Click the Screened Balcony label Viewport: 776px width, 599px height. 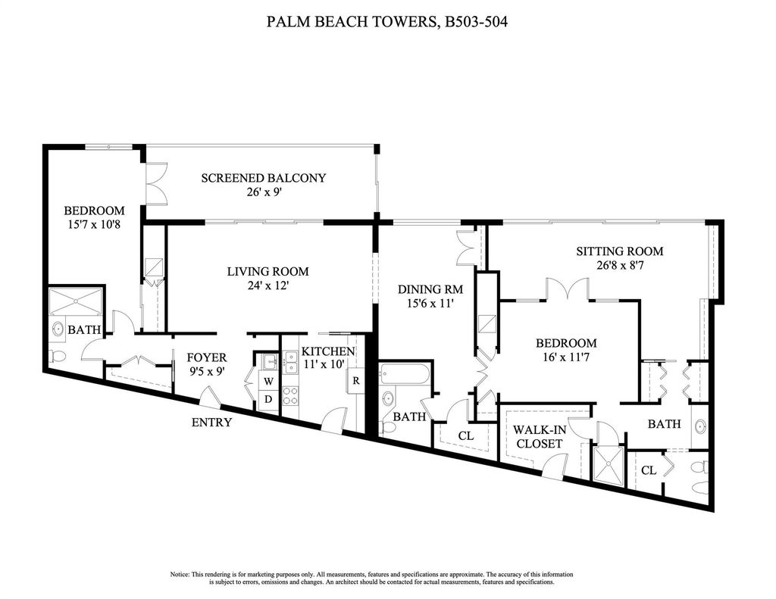click(x=263, y=177)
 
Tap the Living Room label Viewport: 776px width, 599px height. click(x=268, y=272)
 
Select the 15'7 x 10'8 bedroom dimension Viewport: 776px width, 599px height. click(x=94, y=224)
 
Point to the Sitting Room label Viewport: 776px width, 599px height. click(x=620, y=251)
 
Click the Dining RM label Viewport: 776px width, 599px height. click(x=430, y=289)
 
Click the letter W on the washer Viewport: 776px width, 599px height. click(x=268, y=382)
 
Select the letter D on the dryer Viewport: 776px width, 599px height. click(x=268, y=398)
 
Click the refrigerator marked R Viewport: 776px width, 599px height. click(x=356, y=380)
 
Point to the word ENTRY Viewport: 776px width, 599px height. click(x=212, y=423)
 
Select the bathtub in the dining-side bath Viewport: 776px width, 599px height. click(x=405, y=375)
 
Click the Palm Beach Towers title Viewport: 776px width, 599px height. click(x=387, y=22)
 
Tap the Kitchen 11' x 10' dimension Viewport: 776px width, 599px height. click(x=329, y=364)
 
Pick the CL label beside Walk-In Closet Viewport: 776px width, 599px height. click(x=467, y=435)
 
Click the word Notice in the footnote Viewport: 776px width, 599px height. click(x=180, y=574)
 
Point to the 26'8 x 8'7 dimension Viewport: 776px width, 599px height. click(x=620, y=265)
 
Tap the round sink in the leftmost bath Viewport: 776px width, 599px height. click(x=58, y=327)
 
